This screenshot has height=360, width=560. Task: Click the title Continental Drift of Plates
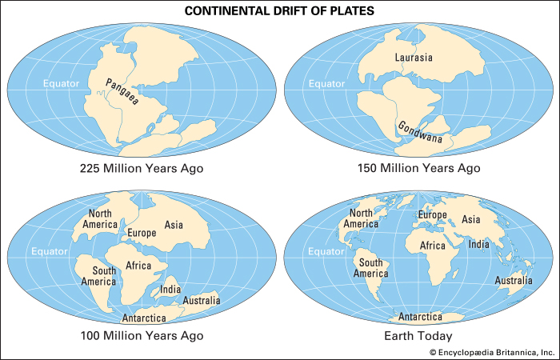280,11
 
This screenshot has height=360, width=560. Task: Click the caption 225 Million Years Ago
142,169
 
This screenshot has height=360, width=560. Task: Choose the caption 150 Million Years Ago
418,169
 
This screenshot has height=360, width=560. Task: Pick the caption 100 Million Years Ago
142,335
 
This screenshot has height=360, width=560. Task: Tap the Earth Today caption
418,335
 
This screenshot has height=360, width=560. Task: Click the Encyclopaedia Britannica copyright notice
491,352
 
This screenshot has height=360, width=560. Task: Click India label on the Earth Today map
479,244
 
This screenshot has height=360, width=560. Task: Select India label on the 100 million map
170,289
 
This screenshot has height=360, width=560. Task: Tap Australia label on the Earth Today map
513,281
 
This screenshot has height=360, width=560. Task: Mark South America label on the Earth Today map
373,268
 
